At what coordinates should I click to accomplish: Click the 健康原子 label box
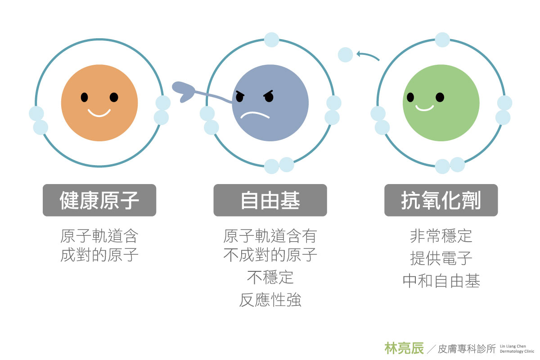pos(99,200)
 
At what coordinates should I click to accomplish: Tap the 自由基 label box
pos(270,200)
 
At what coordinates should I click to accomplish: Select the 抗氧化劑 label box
pos(441,200)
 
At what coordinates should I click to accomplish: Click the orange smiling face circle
pos(99,103)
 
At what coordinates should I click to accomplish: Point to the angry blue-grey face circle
pos(270,103)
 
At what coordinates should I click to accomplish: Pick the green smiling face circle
pos(441,103)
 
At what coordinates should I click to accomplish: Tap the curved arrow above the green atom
pos(368,55)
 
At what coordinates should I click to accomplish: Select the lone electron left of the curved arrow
pos(345,55)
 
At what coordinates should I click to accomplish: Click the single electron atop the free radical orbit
pos(271,40)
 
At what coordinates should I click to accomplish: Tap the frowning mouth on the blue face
pos(255,114)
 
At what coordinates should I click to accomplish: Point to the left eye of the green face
pos(410,97)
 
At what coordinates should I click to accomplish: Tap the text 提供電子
pos(441,258)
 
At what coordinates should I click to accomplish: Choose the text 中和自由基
pos(441,281)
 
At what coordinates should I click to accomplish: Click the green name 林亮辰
pos(404,348)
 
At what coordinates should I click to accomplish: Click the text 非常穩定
pos(441,236)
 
